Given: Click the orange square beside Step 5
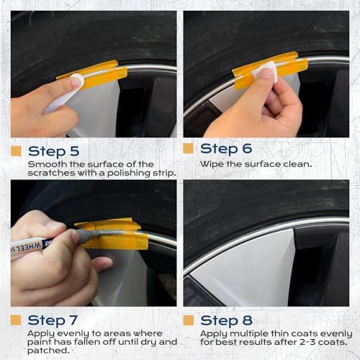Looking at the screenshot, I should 16,151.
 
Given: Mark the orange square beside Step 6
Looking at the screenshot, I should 189,148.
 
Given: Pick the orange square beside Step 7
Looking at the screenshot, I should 16,319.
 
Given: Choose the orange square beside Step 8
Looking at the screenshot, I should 189,319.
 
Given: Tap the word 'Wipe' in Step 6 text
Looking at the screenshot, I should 210,163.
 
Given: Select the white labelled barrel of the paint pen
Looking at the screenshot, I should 36,246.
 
